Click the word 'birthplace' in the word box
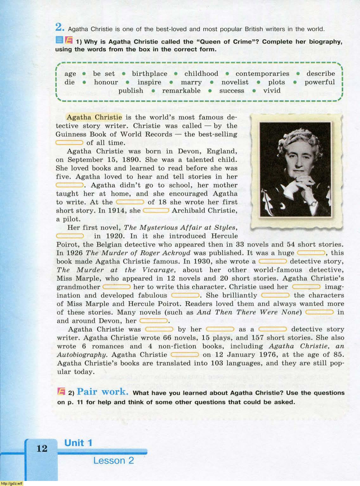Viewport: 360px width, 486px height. click(x=149, y=74)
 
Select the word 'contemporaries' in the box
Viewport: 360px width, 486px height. click(x=262, y=74)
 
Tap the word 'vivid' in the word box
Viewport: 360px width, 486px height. click(x=272, y=91)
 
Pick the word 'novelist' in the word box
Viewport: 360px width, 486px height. click(x=235, y=82)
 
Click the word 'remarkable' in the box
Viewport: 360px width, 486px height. click(x=181, y=91)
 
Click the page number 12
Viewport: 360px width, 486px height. click(x=41, y=448)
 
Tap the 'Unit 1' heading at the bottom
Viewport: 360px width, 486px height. click(x=78, y=443)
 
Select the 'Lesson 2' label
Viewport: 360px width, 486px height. click(x=113, y=460)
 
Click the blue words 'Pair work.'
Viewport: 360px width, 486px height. click(x=103, y=392)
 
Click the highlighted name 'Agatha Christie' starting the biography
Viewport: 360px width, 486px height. click(x=94, y=117)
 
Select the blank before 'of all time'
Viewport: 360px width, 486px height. click(x=69, y=143)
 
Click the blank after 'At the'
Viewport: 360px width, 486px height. click(x=130, y=202)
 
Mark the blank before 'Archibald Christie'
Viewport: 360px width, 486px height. click(x=156, y=210)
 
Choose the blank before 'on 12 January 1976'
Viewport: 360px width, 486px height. click(x=185, y=355)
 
